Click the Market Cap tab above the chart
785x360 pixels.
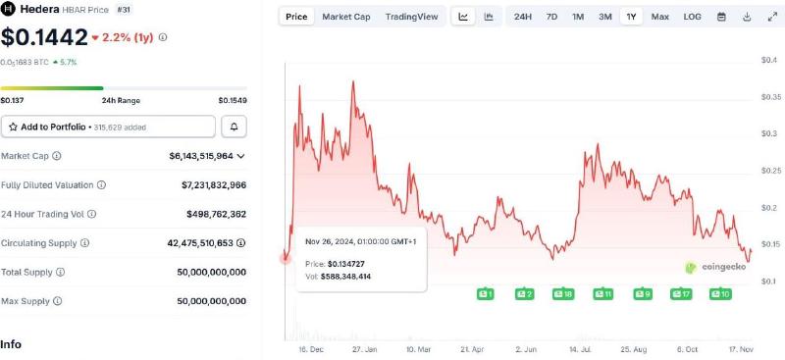coord(346,17)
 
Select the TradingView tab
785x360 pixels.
coord(412,17)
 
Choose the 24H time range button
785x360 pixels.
coord(523,17)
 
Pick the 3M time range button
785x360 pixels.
coord(605,17)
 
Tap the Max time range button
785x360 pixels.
coord(659,17)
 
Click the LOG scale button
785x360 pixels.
coord(692,17)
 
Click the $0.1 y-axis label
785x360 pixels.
coord(770,282)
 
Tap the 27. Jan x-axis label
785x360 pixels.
coord(364,348)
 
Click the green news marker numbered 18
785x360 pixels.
coord(563,293)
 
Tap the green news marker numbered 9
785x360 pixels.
coord(643,293)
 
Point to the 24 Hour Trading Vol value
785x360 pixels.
coord(216,213)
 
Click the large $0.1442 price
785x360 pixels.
coord(42,37)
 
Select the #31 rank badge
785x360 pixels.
coord(125,9)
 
